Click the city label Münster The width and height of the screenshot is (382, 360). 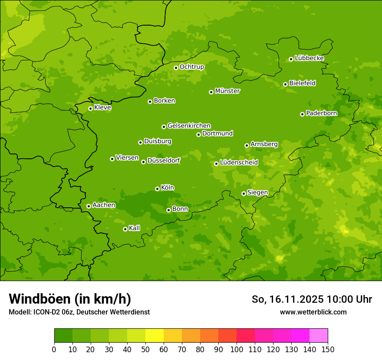pos(227,91)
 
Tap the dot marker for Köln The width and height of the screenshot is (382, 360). pos(157,189)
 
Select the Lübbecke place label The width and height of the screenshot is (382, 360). pos(309,58)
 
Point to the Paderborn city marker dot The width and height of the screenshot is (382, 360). pos(302,114)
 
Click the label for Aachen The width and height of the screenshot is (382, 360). pos(104,205)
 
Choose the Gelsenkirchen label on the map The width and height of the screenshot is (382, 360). pos(189,126)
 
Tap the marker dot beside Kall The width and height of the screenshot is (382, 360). pos(125,229)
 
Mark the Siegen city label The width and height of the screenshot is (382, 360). pos(257,193)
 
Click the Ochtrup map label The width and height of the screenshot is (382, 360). pos(191,67)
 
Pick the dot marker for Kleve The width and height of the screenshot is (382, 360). pos(90,108)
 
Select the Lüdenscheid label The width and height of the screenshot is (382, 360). pos(239,163)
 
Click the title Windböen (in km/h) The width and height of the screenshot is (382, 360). pos(70,299)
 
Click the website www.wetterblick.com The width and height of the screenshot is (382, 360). pos(313,312)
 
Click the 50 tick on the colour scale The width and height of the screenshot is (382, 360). pos(145,349)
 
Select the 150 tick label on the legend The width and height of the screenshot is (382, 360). pos(328,349)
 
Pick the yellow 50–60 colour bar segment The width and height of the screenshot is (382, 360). pos(155,336)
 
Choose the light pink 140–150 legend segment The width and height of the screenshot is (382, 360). pos(319,336)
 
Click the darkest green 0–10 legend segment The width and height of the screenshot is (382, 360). pos(63,336)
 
